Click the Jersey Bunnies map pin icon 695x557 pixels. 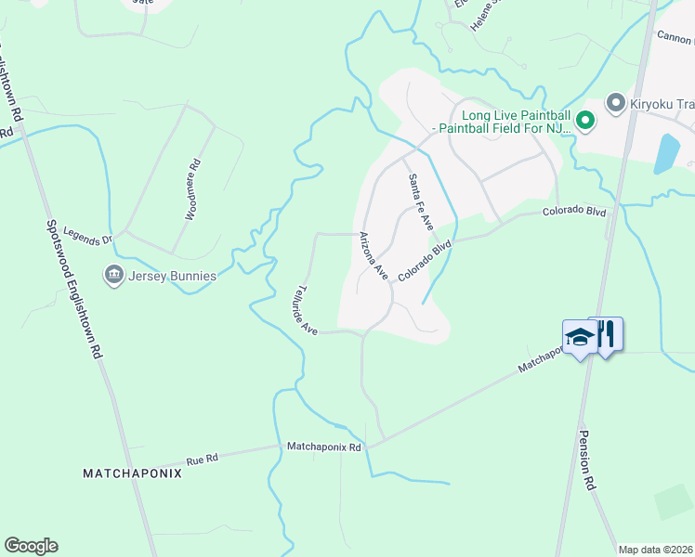point(114,275)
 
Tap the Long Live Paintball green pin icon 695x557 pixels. point(585,120)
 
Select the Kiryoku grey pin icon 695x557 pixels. point(614,101)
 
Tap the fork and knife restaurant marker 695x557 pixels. point(607,333)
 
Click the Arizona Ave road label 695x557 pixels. point(373,255)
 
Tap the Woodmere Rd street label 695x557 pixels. point(192,190)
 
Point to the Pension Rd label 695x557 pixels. point(585,460)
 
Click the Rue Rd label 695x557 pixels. point(202,459)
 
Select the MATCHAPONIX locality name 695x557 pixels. point(132,473)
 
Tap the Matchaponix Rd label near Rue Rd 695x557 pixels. point(324,447)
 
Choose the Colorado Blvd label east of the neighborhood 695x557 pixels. point(574,212)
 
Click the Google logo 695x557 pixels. point(31,546)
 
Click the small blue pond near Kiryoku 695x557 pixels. point(666,153)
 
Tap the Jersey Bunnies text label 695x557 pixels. point(172,276)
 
